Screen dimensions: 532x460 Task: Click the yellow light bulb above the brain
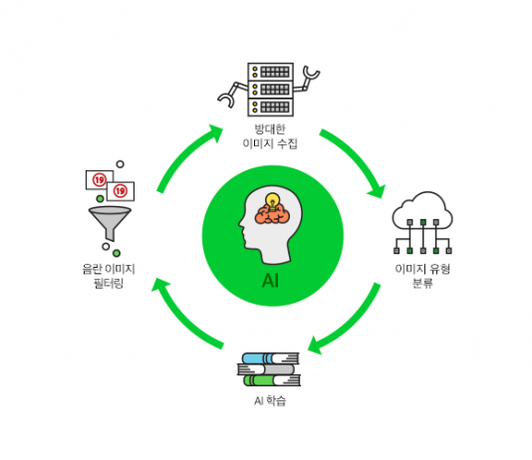click(x=272, y=201)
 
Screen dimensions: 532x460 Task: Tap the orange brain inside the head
click(x=272, y=215)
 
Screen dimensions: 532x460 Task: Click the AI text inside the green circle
click(x=270, y=281)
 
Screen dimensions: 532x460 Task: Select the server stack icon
click(x=270, y=90)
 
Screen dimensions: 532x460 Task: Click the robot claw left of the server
click(x=232, y=95)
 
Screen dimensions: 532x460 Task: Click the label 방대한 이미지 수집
click(x=270, y=136)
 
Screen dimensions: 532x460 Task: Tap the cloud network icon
click(x=422, y=223)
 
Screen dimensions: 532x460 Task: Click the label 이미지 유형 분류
click(x=422, y=276)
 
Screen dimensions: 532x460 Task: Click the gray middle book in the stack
click(x=266, y=369)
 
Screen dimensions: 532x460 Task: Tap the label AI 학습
click(x=270, y=400)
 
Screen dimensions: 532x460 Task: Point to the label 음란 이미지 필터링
click(x=109, y=276)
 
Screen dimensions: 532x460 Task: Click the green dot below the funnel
click(x=117, y=253)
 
